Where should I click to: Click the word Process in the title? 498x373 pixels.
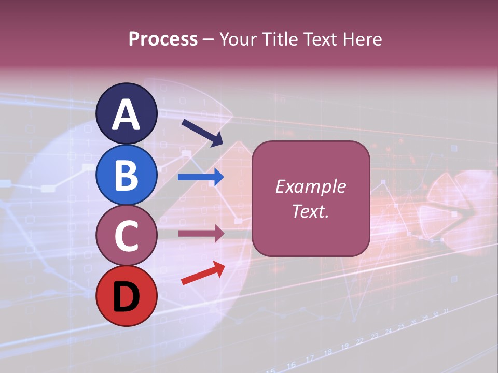(163, 39)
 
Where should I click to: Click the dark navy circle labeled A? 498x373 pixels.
(127, 113)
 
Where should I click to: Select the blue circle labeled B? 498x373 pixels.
(127, 175)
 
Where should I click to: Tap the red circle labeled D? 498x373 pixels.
(127, 296)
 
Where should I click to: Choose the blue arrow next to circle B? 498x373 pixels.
(201, 177)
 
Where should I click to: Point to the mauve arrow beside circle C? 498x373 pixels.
(201, 234)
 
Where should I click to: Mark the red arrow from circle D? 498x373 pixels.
(203, 274)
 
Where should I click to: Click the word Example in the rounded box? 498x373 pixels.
(310, 187)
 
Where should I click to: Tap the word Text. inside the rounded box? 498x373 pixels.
(310, 211)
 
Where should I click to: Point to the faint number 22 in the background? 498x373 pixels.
(359, 341)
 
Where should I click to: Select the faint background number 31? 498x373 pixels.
(447, 311)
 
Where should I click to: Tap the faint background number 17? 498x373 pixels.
(310, 358)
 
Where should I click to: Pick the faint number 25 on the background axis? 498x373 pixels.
(400, 327)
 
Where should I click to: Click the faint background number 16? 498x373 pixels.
(292, 365)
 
